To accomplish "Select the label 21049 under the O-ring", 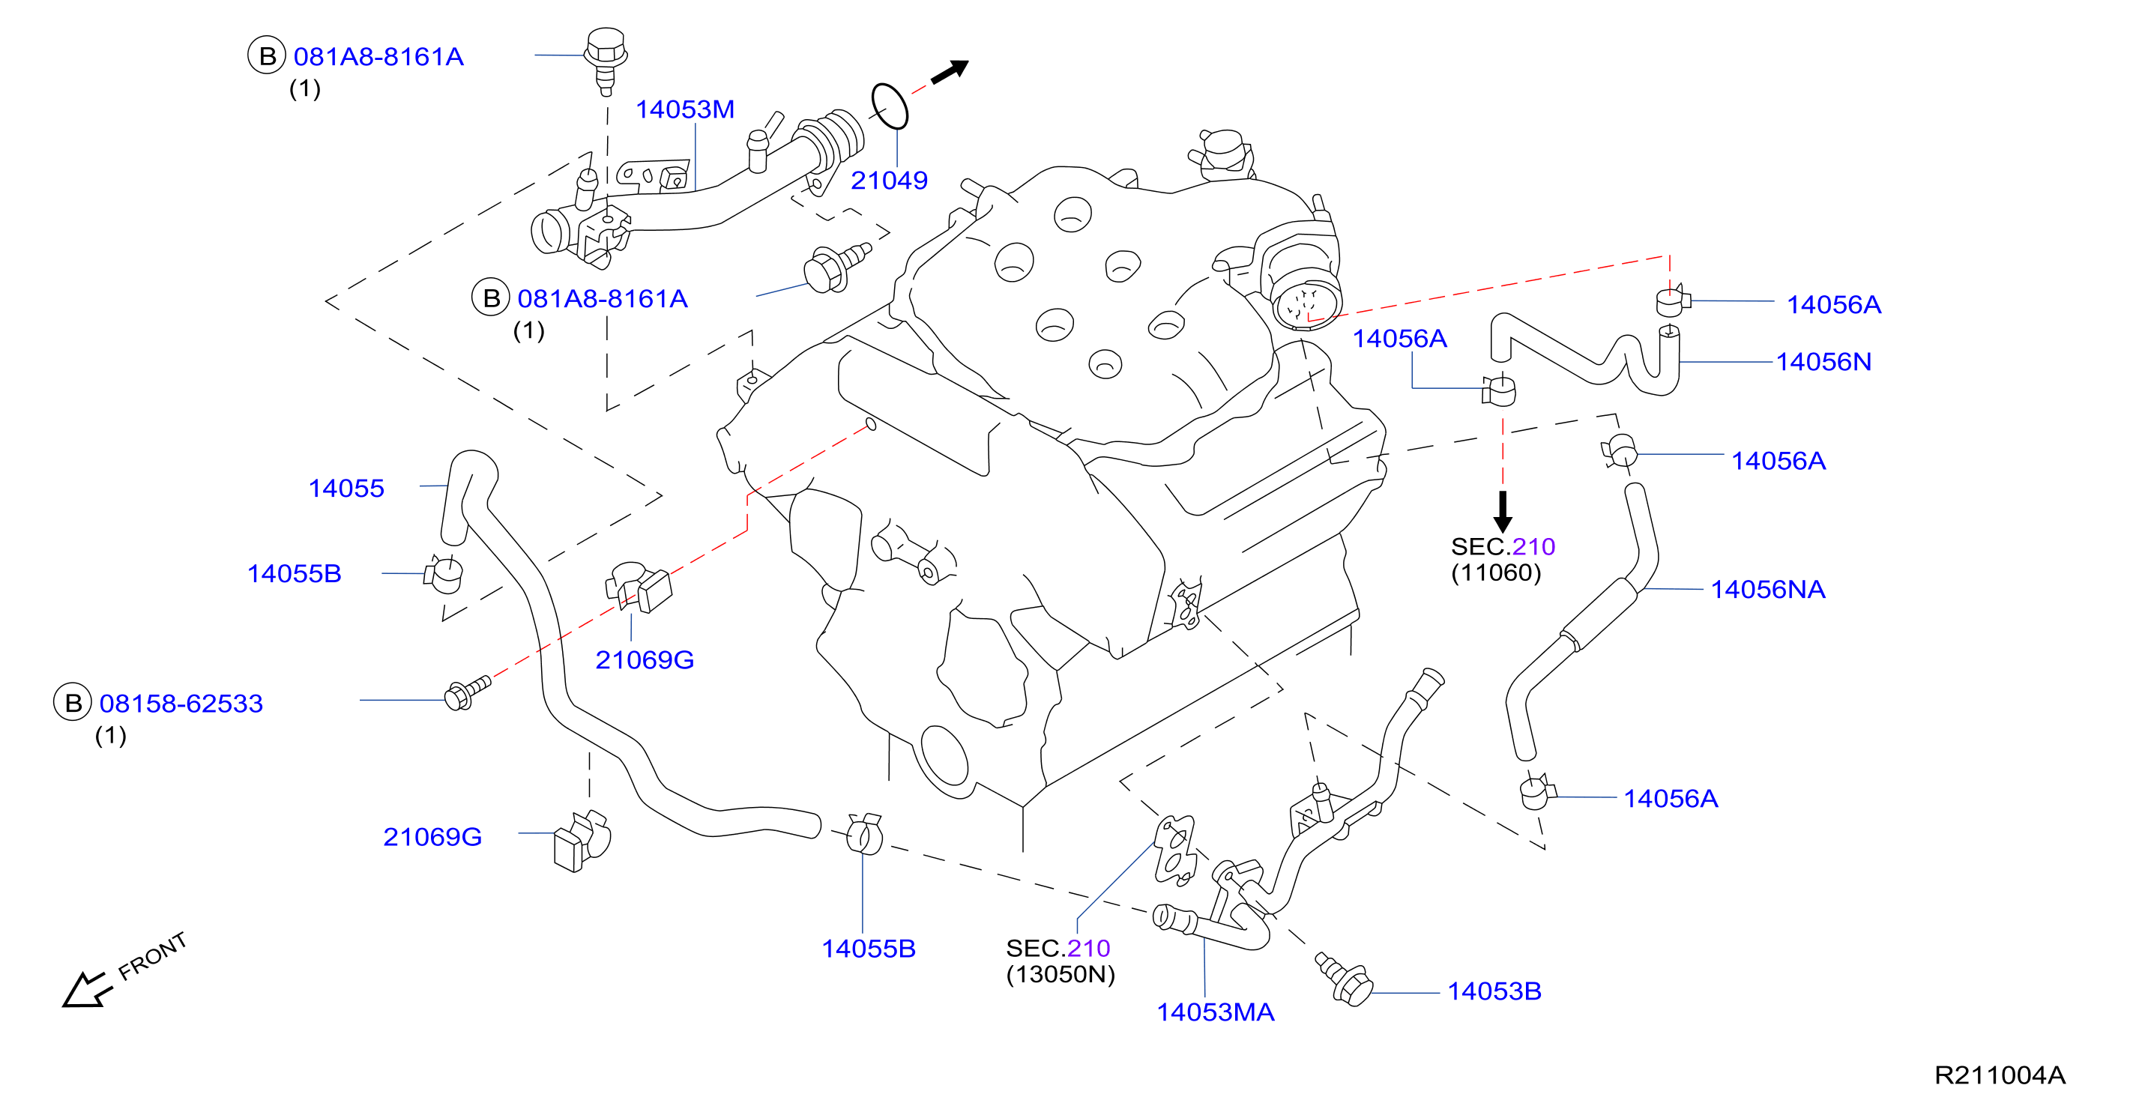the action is [889, 180].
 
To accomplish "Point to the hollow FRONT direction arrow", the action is [87, 988].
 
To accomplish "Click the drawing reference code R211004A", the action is [2000, 1075].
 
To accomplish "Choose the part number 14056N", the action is [1823, 362].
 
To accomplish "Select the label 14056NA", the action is [1768, 589].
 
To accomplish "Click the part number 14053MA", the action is [1215, 1012].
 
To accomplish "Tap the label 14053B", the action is [1494, 991].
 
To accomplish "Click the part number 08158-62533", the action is [181, 704].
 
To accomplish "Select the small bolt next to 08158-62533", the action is [468, 692].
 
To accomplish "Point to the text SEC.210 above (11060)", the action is [1503, 547].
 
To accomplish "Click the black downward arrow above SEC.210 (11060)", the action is [1503, 511].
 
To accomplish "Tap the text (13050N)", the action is [1061, 974].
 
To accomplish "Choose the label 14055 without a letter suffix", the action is [346, 489].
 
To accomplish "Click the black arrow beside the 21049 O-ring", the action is [950, 73].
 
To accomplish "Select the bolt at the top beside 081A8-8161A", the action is [606, 60].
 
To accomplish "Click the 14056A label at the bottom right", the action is [1670, 799].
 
